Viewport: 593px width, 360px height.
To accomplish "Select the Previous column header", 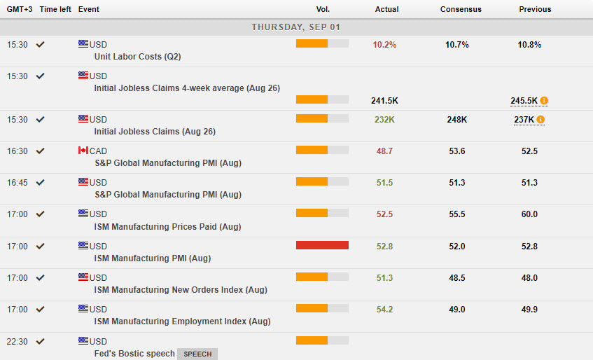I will (x=535, y=9).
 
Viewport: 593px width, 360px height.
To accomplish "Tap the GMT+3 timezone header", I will (x=18, y=9).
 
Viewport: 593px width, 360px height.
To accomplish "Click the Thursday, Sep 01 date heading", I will (x=296, y=27).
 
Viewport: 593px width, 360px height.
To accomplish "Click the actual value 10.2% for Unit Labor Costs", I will (x=384, y=45).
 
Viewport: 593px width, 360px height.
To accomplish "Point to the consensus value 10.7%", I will (x=456, y=45).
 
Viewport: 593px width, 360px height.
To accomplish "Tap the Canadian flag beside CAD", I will (x=83, y=151).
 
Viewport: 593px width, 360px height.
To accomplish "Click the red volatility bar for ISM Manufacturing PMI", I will (x=322, y=245).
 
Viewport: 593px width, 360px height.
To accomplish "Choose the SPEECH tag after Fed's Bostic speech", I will (x=197, y=354).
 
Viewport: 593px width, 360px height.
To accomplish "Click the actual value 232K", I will (x=384, y=120).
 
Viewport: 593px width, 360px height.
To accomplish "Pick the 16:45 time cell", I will (x=18, y=182).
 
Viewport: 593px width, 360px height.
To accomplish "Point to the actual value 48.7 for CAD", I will (x=384, y=151).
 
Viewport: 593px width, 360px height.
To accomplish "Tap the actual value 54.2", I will (x=384, y=309).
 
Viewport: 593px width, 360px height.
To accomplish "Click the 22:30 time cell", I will (x=18, y=341).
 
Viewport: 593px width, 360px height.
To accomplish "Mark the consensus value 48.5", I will (x=456, y=277).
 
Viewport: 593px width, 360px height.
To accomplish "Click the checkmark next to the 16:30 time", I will (x=41, y=151).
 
